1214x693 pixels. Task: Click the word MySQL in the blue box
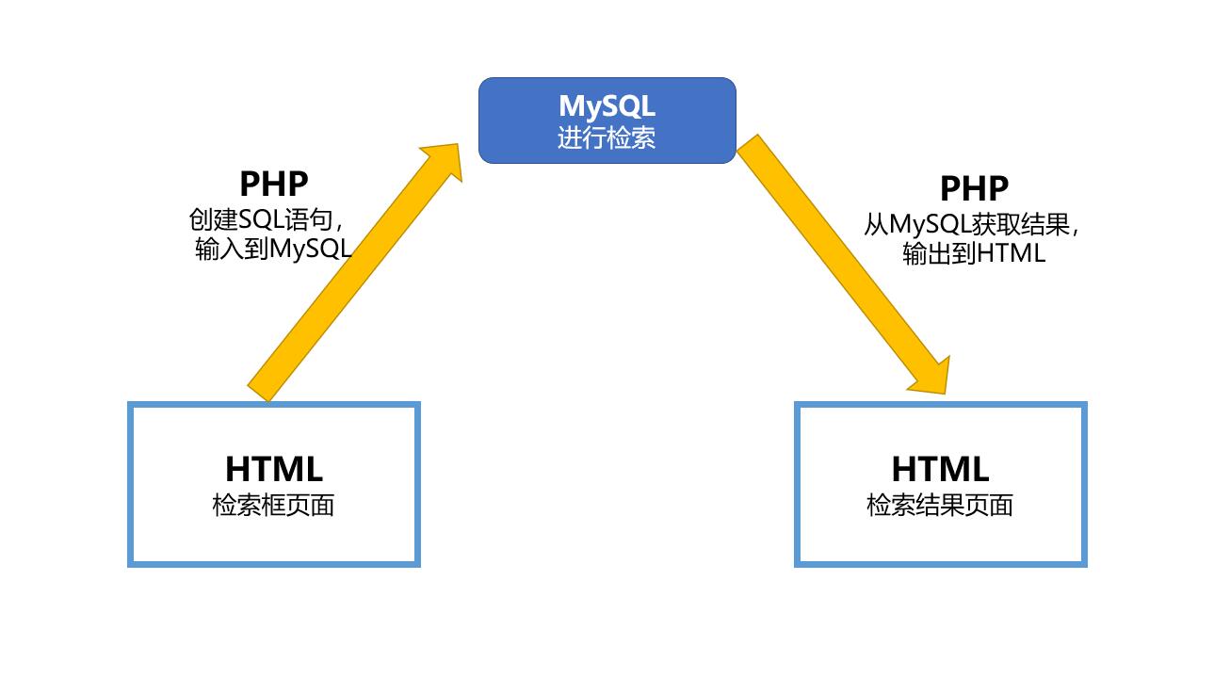tap(607, 105)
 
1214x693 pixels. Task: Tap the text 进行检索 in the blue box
tap(607, 138)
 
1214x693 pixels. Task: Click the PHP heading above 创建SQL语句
tap(273, 184)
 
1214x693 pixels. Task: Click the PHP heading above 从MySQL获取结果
tap(973, 188)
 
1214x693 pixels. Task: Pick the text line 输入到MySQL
tap(273, 249)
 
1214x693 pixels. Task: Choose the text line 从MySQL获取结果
tap(970, 225)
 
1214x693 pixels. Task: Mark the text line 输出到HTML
tap(973, 253)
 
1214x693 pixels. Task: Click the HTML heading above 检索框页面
tap(273, 468)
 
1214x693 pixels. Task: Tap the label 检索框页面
tap(273, 506)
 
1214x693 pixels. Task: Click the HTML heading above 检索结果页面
tap(939, 468)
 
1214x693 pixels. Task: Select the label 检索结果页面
tap(939, 506)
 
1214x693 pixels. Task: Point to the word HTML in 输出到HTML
tap(1011, 253)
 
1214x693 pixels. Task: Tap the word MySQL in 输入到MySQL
tap(310, 249)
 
